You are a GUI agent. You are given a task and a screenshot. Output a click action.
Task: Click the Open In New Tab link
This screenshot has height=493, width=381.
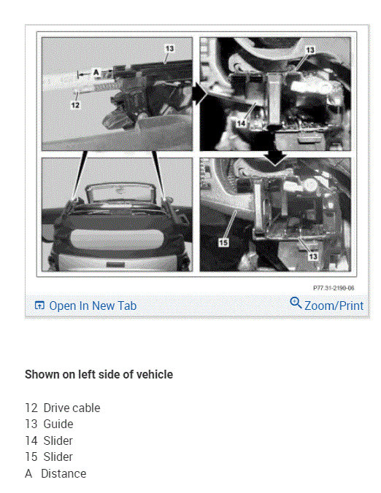point(92,306)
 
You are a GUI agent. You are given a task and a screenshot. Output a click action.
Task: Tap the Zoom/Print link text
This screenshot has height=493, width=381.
point(334,306)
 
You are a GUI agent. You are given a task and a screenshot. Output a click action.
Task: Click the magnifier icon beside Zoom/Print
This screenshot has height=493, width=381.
point(296,303)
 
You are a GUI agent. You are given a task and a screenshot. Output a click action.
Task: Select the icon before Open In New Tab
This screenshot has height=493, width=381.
point(39,306)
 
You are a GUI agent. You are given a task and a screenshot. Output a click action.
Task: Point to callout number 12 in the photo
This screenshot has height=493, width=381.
point(75,105)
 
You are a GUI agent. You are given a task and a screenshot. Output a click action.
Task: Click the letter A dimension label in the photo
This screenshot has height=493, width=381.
point(95,71)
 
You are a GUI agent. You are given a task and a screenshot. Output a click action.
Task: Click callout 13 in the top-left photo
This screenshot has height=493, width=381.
point(169,48)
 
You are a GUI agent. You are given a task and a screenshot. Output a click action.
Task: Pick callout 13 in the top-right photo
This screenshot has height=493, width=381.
point(309,50)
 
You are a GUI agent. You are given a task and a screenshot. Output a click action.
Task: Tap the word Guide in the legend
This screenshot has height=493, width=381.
point(58,424)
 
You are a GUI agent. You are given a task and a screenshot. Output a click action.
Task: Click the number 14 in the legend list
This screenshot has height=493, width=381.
point(31,440)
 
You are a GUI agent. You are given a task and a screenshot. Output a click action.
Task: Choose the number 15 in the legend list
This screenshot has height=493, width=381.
point(31,457)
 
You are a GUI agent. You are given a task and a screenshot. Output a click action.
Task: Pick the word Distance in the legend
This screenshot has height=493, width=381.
point(64,473)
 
